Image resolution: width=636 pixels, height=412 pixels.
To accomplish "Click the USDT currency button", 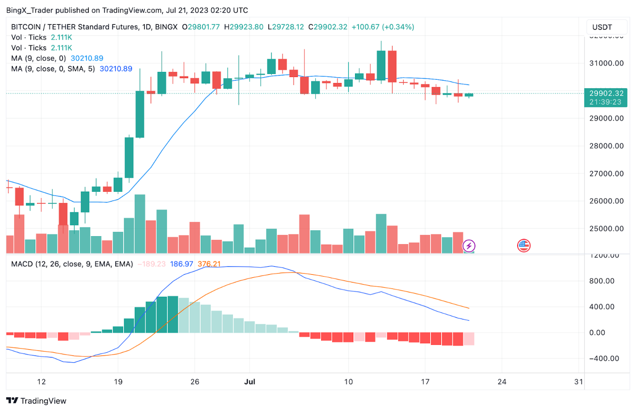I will [602, 27].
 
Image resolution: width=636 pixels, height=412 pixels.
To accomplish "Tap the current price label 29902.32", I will [606, 93].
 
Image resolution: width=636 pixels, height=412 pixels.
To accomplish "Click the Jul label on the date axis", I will [251, 381].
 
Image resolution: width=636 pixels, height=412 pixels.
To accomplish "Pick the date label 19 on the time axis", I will [118, 381].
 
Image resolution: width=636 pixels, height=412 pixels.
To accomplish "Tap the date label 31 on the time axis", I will [578, 381].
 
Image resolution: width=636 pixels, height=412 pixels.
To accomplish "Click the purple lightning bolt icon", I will [469, 246].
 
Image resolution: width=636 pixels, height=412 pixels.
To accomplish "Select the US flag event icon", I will [523, 245].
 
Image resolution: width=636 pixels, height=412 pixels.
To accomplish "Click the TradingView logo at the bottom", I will [36, 401].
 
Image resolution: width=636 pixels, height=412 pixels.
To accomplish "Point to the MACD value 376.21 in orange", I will [209, 264].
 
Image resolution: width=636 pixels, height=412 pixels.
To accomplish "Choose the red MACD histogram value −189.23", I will [152, 264].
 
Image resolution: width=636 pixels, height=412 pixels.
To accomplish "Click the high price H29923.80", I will [244, 27].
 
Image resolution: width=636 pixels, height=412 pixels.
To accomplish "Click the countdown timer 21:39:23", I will [606, 102].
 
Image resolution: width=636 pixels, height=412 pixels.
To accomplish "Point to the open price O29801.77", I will [201, 27].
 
